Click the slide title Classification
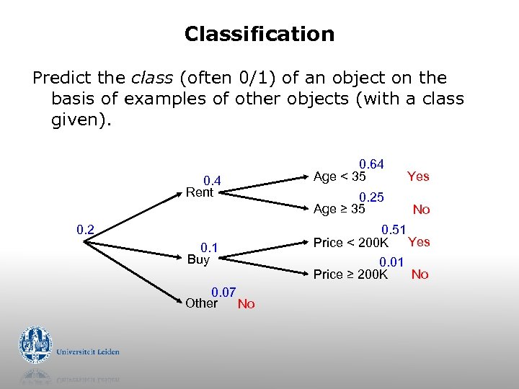[x=259, y=34]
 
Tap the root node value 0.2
[x=86, y=230]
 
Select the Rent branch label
[x=200, y=192]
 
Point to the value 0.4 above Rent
[x=211, y=180]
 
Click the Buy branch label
[x=198, y=259]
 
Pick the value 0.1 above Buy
[x=209, y=247]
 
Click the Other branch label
[x=201, y=303]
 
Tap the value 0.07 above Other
[x=223, y=292]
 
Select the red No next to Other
[x=246, y=304]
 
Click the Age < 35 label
[x=340, y=176]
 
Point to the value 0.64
[x=371, y=165]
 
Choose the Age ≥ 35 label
[x=340, y=209]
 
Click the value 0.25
[x=371, y=197]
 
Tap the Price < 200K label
[x=351, y=243]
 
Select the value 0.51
[x=394, y=230]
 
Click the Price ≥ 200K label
[x=351, y=274]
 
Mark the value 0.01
[x=391, y=262]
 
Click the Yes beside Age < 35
[x=418, y=176]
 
